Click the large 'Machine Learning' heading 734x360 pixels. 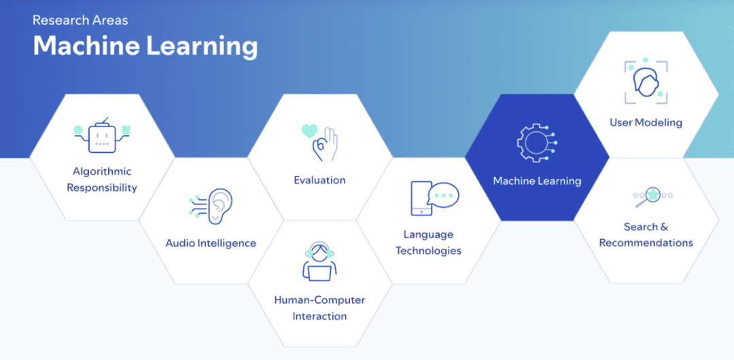(145, 46)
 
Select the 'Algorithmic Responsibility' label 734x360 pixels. (102, 179)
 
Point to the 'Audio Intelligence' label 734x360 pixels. (211, 243)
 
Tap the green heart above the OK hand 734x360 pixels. (310, 130)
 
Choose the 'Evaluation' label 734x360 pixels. (319, 180)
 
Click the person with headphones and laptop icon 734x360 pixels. (319, 261)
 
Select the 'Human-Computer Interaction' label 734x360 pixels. (319, 308)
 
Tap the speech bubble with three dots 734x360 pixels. (443, 195)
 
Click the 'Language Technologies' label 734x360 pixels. (428, 242)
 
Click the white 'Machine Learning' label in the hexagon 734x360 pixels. (537, 181)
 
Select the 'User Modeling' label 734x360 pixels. (646, 123)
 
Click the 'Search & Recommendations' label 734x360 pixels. (646, 234)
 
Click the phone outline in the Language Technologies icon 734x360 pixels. (421, 199)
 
